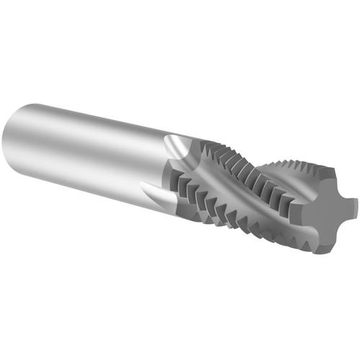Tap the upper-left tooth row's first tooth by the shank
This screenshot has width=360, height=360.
[x=204, y=148]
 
